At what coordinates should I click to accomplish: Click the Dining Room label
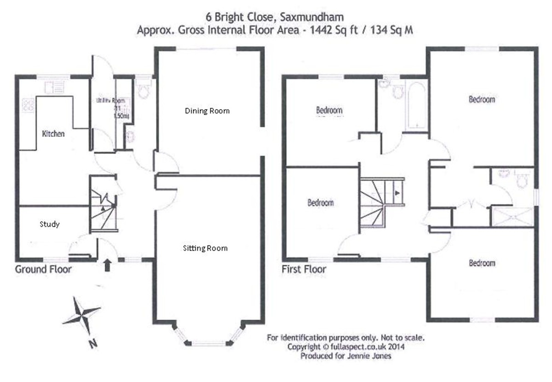click(x=207, y=111)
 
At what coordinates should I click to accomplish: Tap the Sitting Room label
click(x=205, y=248)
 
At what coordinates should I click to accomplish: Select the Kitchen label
click(x=53, y=135)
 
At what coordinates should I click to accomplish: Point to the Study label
click(x=50, y=224)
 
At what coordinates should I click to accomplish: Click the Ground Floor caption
click(x=44, y=269)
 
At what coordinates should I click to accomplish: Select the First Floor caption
click(x=304, y=269)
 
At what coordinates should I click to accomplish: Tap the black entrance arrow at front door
click(x=108, y=264)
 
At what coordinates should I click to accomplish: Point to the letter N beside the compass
click(x=93, y=343)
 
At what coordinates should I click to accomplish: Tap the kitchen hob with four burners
click(x=27, y=106)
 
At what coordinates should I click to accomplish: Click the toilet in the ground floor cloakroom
click(x=143, y=90)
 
